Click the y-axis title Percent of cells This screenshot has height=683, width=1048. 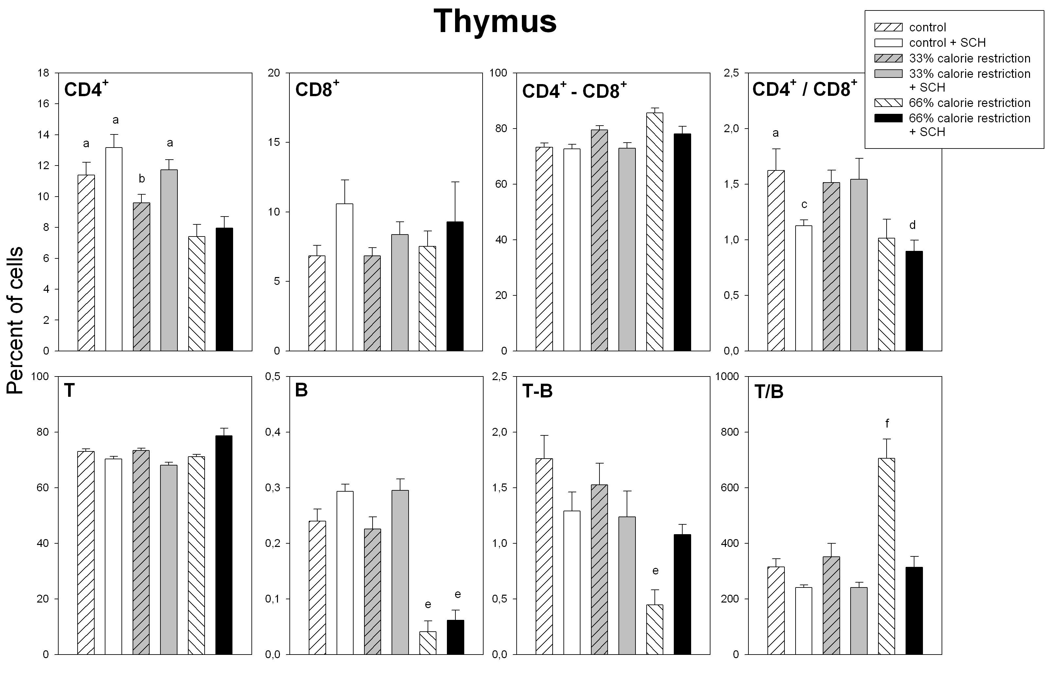15,320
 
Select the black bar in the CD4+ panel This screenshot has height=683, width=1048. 224,289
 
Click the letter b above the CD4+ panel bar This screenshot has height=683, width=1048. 142,179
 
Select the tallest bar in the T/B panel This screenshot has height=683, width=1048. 886,556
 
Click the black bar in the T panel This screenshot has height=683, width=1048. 224,545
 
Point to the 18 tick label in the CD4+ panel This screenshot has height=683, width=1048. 44,73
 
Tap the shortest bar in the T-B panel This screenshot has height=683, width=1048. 654,629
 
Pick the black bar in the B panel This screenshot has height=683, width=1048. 455,637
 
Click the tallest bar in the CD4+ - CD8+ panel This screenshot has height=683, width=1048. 654,232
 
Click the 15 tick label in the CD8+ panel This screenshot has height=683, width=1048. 274,142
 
